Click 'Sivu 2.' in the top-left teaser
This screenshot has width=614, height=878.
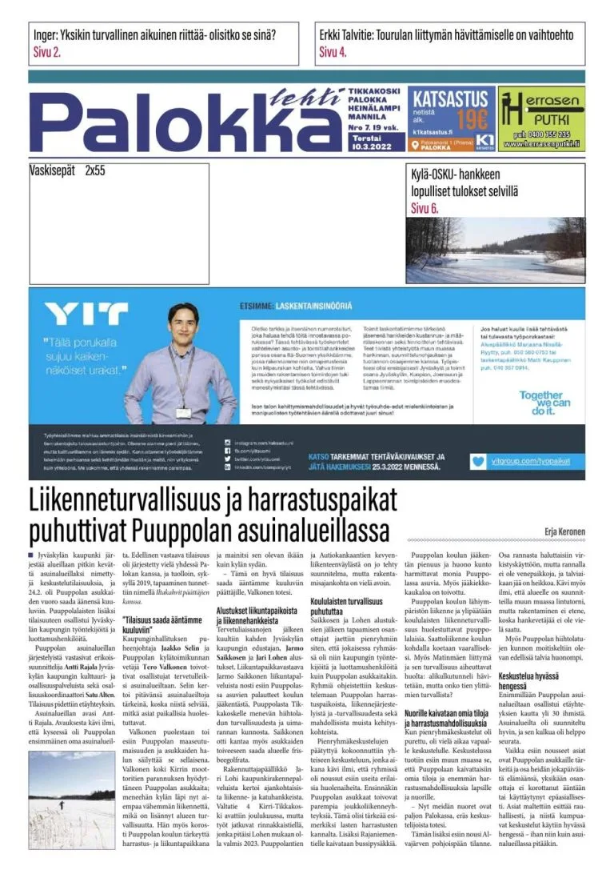pos(47,53)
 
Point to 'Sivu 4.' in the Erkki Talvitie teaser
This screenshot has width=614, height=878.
pos(333,53)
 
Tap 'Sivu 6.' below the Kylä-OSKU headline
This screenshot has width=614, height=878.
pos(425,208)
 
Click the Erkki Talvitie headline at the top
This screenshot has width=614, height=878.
pos(447,36)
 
